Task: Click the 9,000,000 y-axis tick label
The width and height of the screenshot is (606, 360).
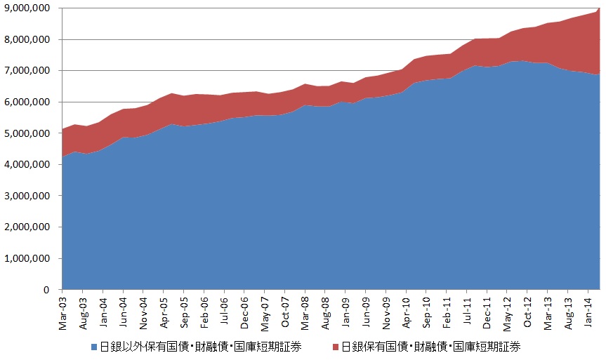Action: (x=28, y=8)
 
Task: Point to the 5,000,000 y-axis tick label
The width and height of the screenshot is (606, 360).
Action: (x=28, y=133)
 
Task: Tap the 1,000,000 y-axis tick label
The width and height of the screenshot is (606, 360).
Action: (x=28, y=258)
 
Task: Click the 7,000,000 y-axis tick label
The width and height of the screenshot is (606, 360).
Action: (x=28, y=71)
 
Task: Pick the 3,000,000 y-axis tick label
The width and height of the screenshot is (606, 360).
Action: (x=28, y=196)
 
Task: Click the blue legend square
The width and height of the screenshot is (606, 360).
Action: (x=94, y=347)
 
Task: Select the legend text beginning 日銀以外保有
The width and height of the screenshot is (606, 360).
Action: (x=200, y=347)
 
